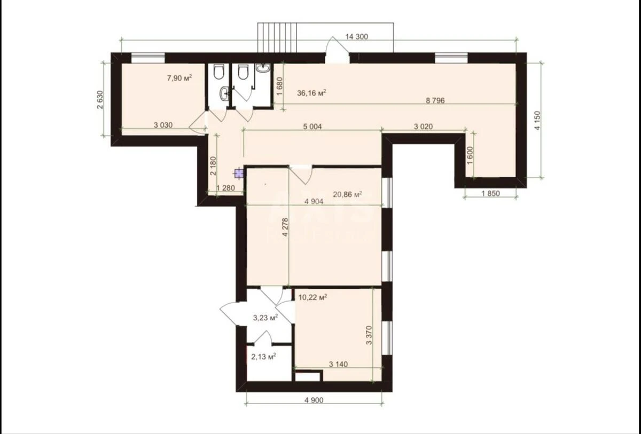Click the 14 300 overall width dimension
(357, 37)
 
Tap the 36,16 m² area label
(311, 93)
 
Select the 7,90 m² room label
(179, 78)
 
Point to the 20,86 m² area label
(348, 195)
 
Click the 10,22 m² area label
(312, 298)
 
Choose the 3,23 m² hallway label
(265, 318)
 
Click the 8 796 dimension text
(435, 100)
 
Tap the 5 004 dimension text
(312, 126)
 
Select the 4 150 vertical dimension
(537, 121)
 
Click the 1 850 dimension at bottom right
(490, 194)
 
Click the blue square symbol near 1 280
(239, 173)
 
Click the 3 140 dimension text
(339, 365)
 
